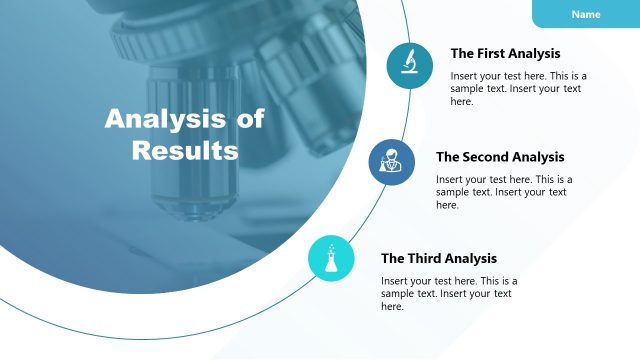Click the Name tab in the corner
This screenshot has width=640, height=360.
tap(586, 14)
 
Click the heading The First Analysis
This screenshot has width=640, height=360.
tap(505, 54)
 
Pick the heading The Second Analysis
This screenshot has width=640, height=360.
tap(500, 157)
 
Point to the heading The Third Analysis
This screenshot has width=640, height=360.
tap(438, 258)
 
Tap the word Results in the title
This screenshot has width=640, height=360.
tap(185, 151)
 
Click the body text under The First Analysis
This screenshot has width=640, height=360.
tap(517, 89)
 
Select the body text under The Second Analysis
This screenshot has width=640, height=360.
tap(502, 192)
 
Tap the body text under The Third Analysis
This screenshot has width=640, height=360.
tap(448, 294)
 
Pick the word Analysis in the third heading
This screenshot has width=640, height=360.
tap(470, 258)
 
